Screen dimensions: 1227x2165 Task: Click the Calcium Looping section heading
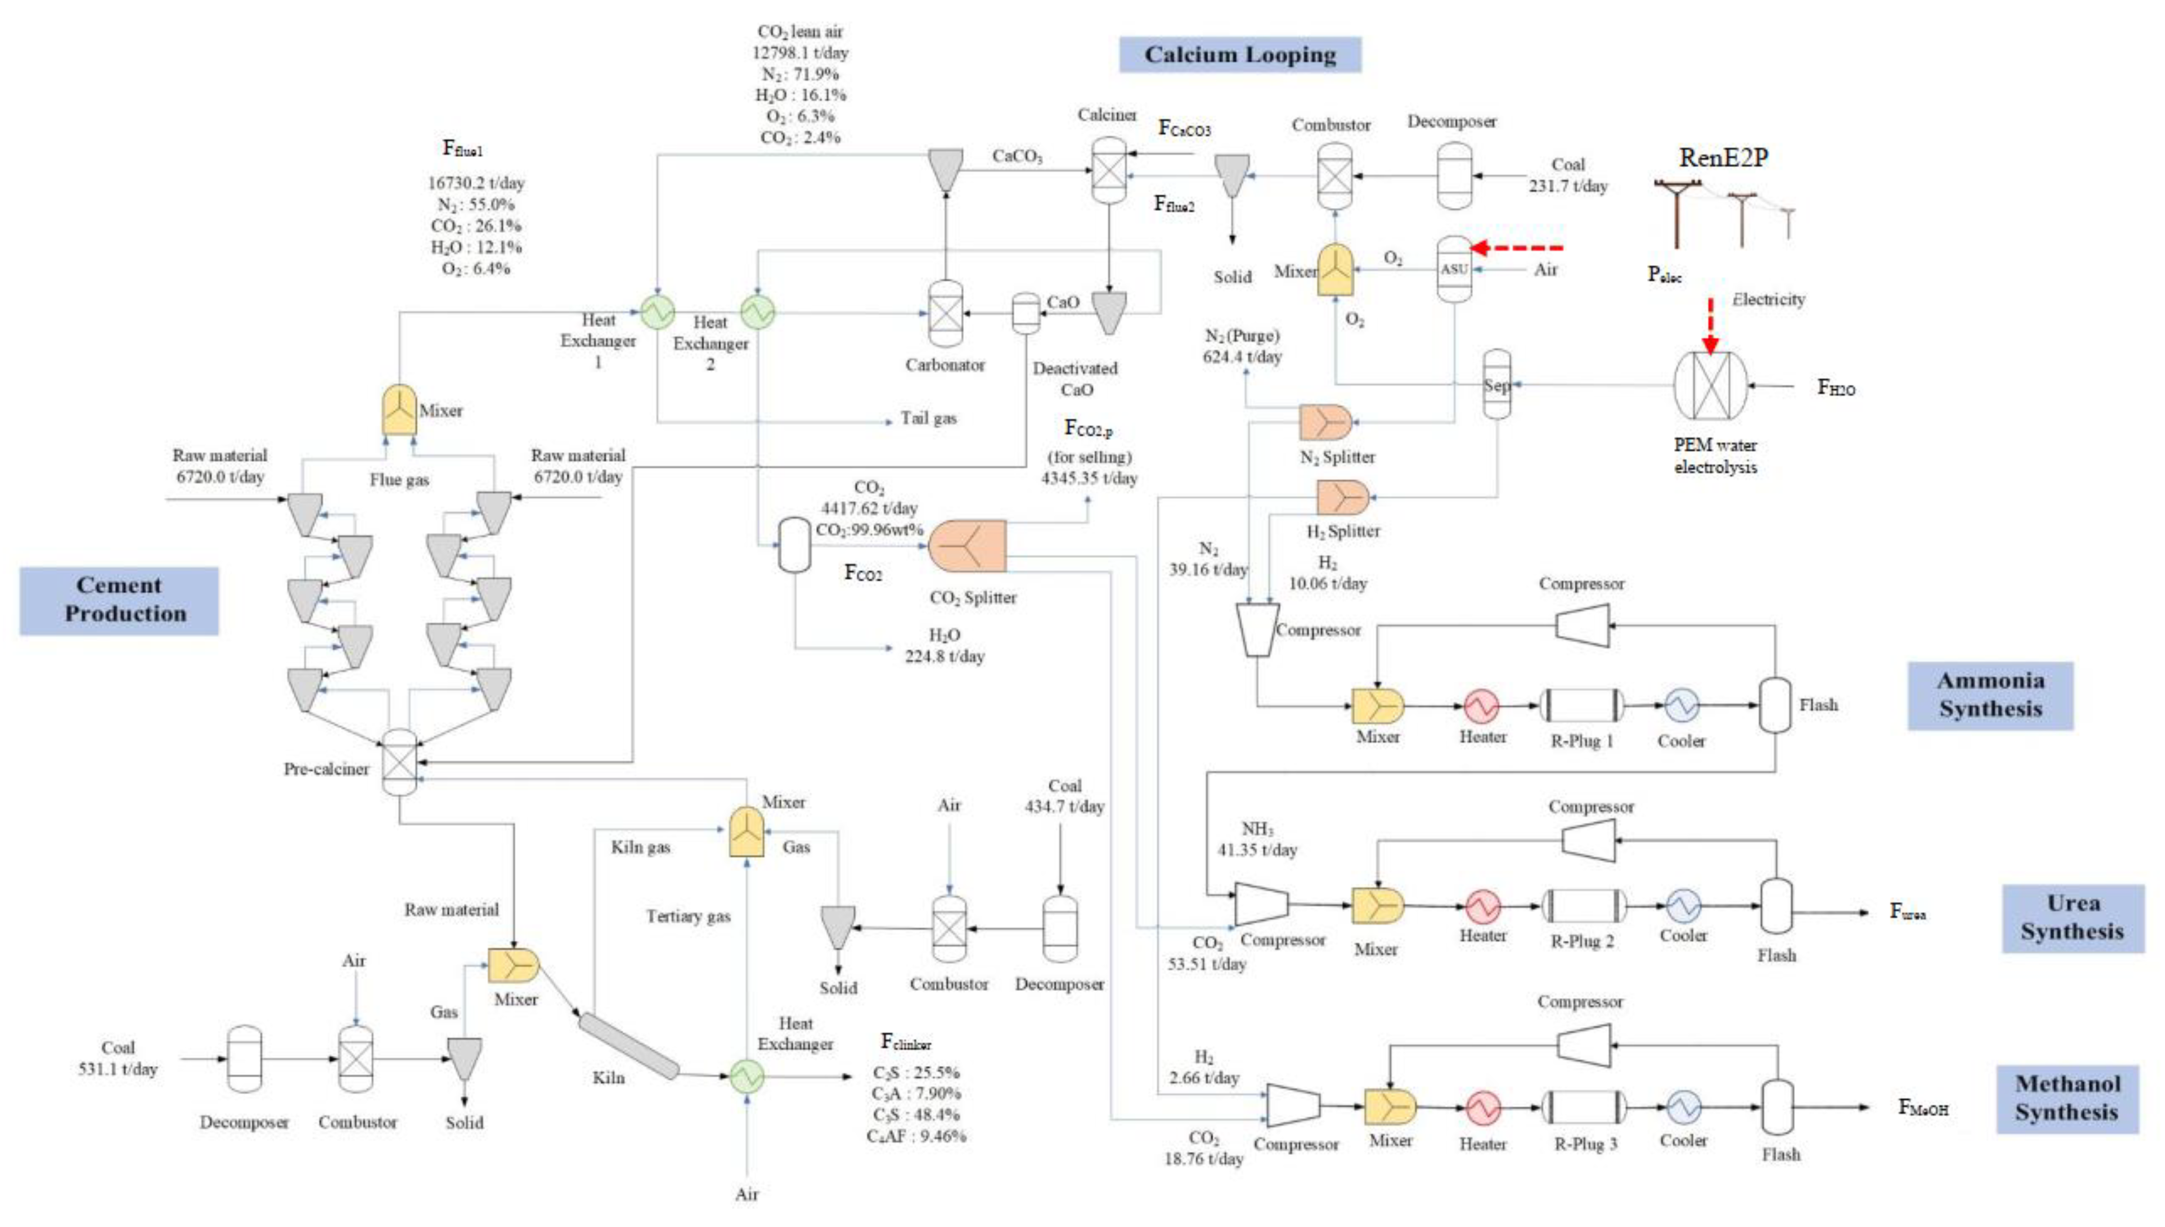1239,55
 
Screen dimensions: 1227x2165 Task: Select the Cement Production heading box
119,600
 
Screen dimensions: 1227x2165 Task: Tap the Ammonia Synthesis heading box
1990,694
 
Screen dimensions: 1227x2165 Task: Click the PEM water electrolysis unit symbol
1711,385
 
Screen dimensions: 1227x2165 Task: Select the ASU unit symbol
1453,269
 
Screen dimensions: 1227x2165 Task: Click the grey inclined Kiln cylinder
628,1046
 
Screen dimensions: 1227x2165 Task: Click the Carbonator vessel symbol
945,313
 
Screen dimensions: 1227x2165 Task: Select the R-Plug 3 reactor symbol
1583,1106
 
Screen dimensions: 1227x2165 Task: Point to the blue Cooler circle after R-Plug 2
1683,906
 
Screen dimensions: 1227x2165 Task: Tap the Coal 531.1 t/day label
118,1058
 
